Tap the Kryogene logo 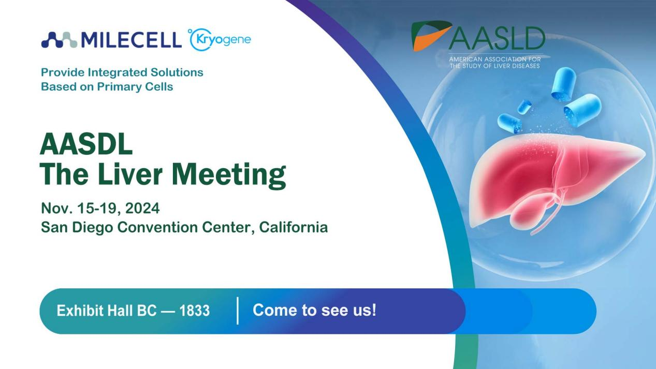220,40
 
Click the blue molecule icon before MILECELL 59,40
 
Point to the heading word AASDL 86,145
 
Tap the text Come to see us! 314,311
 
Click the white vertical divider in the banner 238,311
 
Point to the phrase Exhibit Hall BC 108,311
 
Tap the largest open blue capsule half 582,109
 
